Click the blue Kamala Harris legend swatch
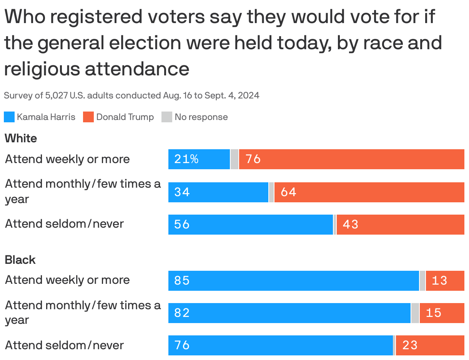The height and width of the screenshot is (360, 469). [x=9, y=117]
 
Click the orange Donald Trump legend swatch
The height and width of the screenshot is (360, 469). [x=88, y=117]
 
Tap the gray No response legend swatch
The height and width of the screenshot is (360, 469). [x=167, y=117]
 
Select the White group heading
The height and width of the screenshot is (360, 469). [x=21, y=138]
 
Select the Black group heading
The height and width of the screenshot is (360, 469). [x=20, y=260]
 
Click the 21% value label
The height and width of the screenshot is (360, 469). [x=186, y=159]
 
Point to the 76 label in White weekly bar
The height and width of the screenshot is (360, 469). [x=253, y=159]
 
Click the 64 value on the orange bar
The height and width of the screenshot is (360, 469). [x=288, y=192]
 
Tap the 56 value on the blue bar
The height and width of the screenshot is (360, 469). [x=182, y=224]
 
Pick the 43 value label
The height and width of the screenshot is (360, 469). [x=350, y=224]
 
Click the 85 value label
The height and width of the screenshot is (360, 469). [x=182, y=280]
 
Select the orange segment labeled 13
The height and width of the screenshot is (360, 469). [x=445, y=280]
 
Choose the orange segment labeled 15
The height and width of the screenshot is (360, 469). [x=442, y=313]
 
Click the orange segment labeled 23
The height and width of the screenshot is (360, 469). [x=430, y=345]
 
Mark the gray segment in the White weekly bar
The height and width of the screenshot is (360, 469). [x=234, y=159]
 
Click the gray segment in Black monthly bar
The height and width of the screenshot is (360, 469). [x=415, y=313]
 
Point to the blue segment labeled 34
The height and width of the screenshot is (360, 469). [x=218, y=192]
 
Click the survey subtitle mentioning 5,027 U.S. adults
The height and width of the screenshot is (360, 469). [x=131, y=95]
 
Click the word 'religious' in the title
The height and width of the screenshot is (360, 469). [x=42, y=69]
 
